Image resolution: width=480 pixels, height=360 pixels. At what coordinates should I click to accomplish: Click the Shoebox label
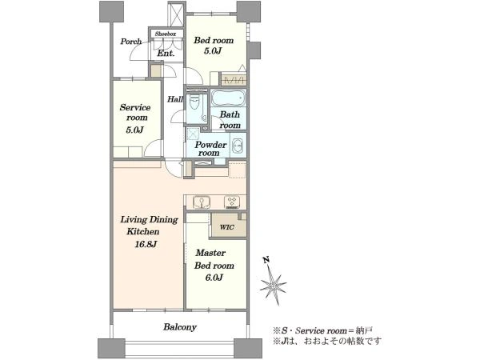166,34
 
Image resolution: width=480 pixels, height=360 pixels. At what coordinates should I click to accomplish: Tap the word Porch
130,42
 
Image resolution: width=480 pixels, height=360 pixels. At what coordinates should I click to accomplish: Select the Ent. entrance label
166,54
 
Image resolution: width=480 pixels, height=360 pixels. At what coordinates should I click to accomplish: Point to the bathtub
228,98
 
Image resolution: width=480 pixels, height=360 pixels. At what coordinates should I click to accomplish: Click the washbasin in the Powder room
238,146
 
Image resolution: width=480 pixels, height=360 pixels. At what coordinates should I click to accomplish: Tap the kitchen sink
202,202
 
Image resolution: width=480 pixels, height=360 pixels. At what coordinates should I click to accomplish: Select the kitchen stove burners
232,202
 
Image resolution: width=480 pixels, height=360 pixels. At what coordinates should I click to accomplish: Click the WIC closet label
227,227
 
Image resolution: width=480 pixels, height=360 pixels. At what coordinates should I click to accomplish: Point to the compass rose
273,286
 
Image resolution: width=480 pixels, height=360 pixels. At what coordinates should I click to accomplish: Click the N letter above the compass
266,260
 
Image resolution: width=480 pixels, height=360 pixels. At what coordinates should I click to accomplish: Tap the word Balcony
180,327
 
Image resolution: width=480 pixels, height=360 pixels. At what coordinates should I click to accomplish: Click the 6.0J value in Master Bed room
214,278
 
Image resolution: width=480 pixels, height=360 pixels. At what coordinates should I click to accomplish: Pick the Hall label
175,99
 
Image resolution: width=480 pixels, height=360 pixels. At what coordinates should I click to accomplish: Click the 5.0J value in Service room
134,130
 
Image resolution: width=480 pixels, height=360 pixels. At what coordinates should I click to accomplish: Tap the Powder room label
210,149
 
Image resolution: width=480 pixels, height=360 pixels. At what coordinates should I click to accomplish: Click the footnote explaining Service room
322,330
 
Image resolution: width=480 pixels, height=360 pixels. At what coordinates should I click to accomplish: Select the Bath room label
230,120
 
